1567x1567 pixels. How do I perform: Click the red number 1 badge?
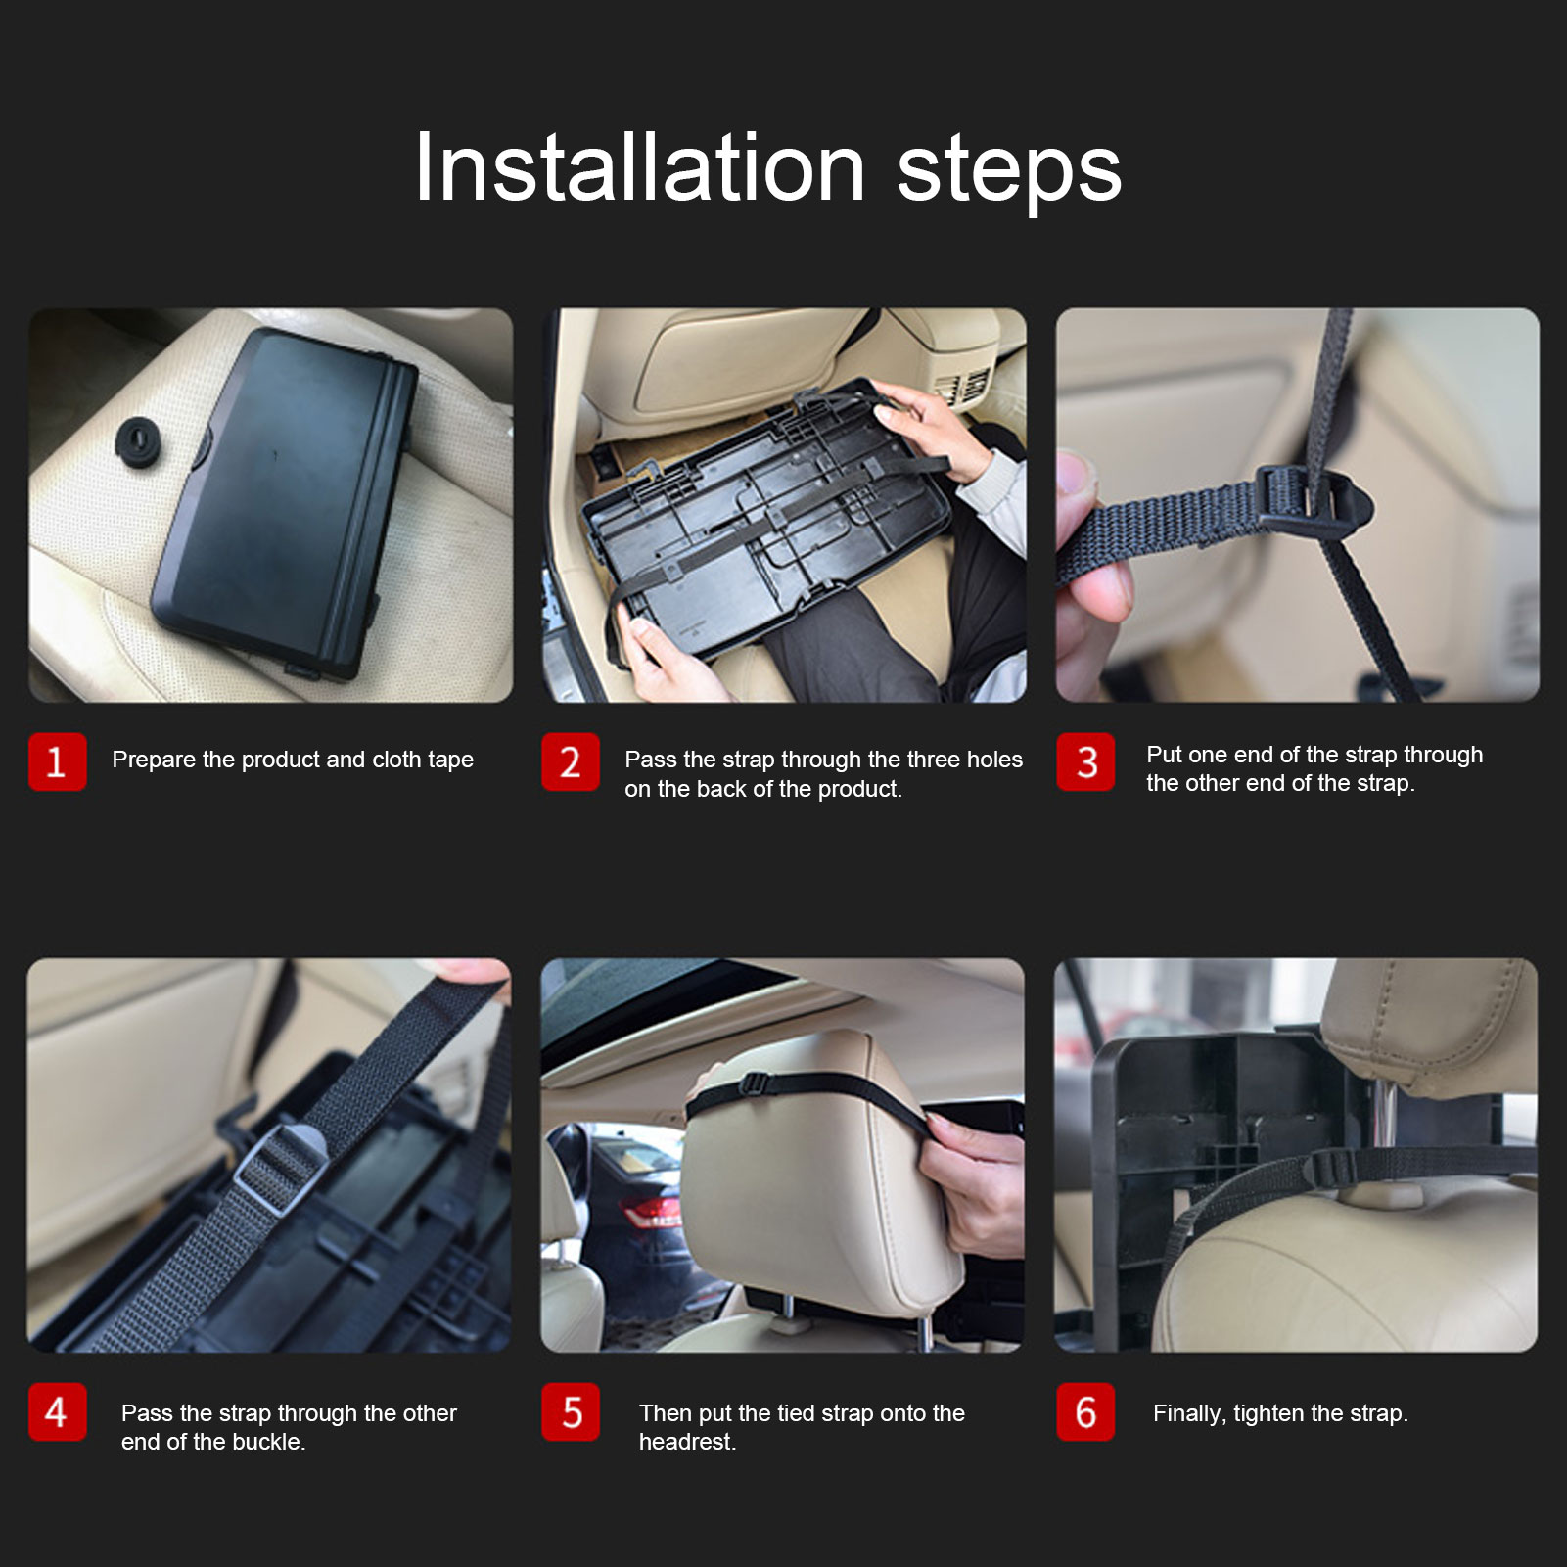tap(58, 761)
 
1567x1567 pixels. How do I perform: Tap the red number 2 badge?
tap(571, 761)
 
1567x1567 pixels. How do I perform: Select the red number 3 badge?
tap(1085, 761)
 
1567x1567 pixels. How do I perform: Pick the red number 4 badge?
tap(58, 1411)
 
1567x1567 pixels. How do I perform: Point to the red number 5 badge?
tap(571, 1411)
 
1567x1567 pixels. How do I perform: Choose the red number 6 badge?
tap(1085, 1411)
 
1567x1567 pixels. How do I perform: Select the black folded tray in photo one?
tap(284, 502)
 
